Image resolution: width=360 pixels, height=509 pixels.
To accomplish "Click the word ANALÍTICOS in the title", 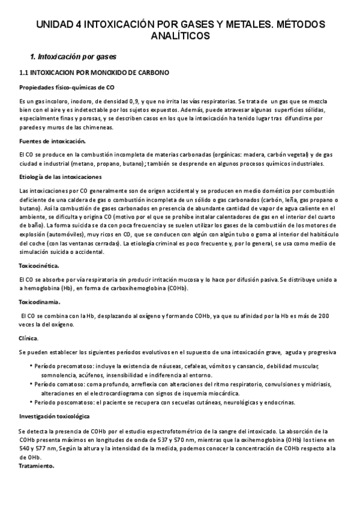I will click(x=180, y=36).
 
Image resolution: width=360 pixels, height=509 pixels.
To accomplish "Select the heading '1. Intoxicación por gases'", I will click(x=73, y=57).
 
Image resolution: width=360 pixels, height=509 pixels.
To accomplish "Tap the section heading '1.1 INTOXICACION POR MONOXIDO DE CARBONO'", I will click(x=95, y=73).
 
